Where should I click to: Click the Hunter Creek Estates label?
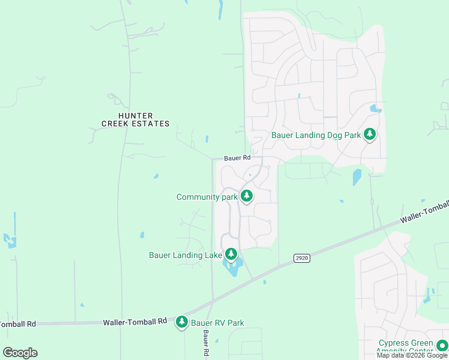pos(135,119)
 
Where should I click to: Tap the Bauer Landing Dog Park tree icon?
pos(370,135)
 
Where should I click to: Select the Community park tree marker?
pos(246,196)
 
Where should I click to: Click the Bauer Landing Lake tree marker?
pos(231,254)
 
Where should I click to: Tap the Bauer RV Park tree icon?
pos(182,322)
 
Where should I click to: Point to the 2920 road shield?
pos(301,258)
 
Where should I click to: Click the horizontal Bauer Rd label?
pos(237,158)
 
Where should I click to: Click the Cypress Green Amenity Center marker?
pos(442,345)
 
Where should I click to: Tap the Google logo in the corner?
pos(20,352)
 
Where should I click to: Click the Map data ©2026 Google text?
pos(412,355)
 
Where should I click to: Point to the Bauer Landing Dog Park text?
pos(316,135)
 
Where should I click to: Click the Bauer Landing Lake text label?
pos(185,255)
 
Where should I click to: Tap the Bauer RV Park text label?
pos(218,323)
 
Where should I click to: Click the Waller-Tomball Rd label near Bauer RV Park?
pos(134,322)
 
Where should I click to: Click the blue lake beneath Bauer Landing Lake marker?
pos(232,266)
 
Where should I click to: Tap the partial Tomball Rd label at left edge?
pos(17,324)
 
